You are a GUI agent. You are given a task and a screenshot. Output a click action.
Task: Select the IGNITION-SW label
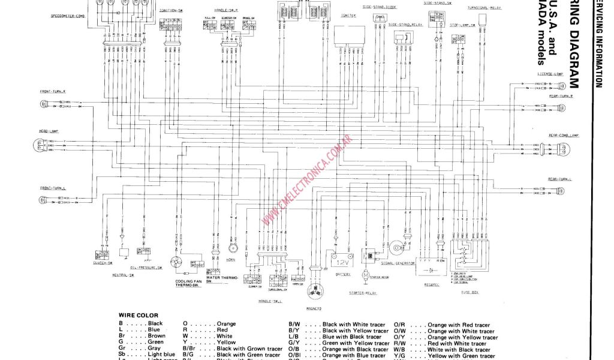click(x=171, y=11)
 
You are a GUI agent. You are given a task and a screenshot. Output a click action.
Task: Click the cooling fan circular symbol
click(x=177, y=263)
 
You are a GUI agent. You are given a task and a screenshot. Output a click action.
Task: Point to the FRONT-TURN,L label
click(x=53, y=188)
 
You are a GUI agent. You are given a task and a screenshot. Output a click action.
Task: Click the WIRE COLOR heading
click(x=139, y=316)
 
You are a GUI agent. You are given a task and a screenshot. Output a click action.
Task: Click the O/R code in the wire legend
click(x=400, y=325)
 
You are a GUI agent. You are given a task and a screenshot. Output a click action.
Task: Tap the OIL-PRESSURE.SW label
click(x=146, y=268)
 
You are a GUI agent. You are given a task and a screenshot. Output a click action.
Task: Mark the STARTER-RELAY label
click(x=362, y=293)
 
